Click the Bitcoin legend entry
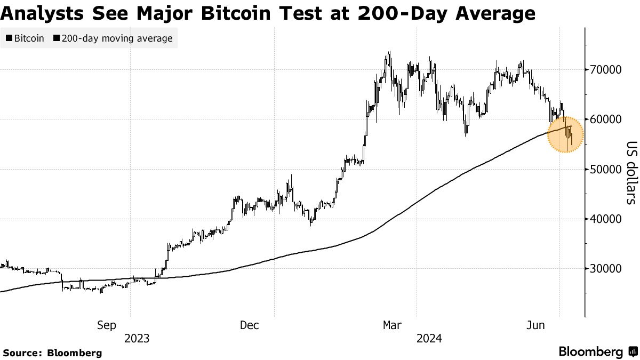coord(25,38)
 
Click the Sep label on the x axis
coord(107,325)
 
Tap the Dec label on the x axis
coord(249,325)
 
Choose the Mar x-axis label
coord(393,325)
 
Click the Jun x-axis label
coord(535,325)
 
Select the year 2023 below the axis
coord(137,338)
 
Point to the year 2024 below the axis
coord(429,338)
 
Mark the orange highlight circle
coord(566,134)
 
